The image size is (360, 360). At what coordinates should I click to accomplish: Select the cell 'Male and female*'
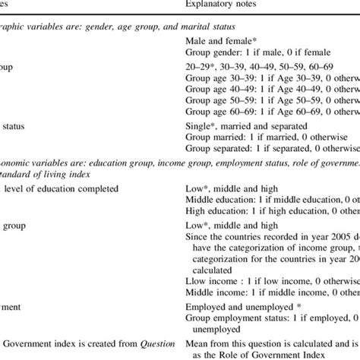point(222,40)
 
